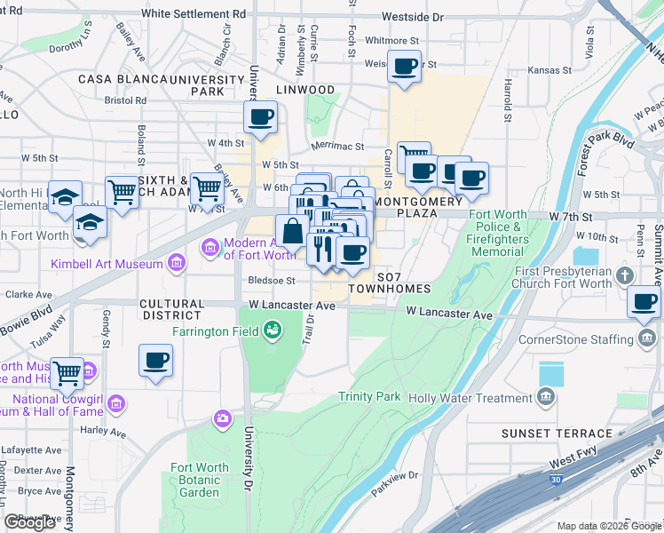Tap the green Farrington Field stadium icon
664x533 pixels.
tap(273, 331)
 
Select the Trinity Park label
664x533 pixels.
tap(368, 397)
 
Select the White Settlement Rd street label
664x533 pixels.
tap(194, 15)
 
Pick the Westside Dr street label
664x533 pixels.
tap(412, 17)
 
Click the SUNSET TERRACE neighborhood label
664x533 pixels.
tap(557, 434)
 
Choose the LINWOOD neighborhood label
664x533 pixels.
tap(304, 90)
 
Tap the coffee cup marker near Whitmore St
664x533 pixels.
tap(405, 67)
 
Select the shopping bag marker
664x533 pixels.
tap(292, 233)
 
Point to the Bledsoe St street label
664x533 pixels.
tap(271, 281)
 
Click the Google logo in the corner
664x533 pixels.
tap(29, 522)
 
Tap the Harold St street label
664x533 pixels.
tap(508, 100)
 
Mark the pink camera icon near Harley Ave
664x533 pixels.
tap(222, 418)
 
